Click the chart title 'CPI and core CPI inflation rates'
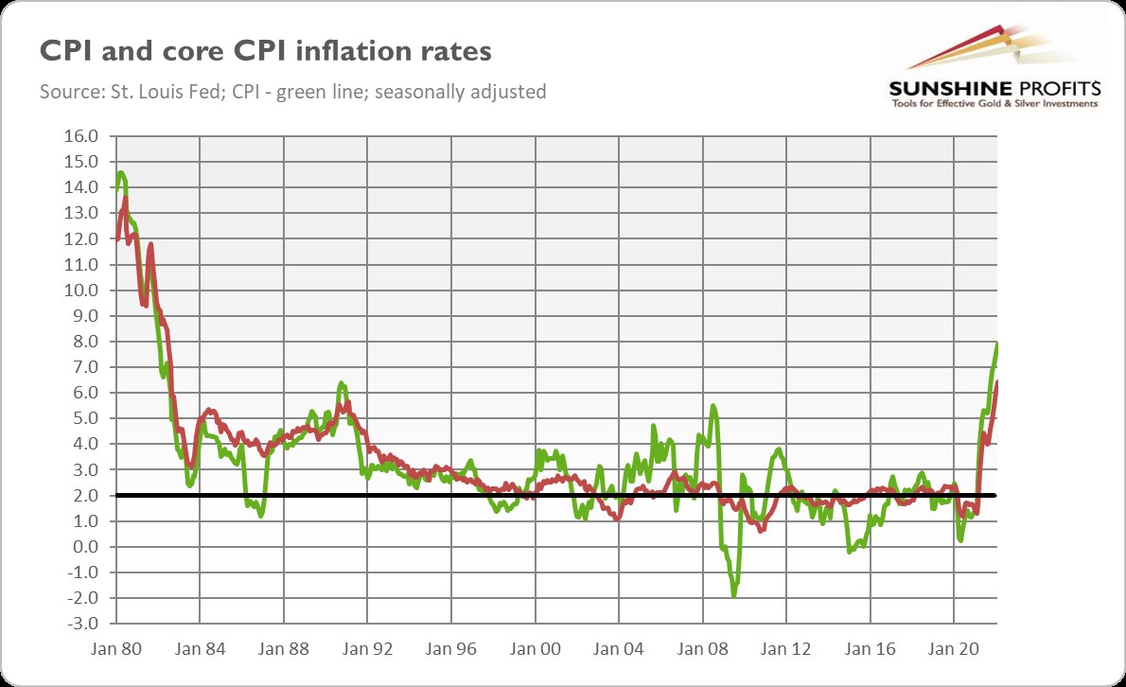[265, 51]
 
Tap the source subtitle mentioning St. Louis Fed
[293, 93]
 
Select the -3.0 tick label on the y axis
[79, 624]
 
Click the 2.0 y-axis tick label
[81, 496]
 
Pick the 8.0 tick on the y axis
[81, 342]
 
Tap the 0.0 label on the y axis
[81, 547]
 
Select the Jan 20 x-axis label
[954, 650]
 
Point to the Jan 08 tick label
[702, 650]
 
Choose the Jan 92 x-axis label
[367, 650]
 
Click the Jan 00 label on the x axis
[535, 650]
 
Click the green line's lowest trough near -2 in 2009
[733, 595]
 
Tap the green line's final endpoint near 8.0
[997, 343]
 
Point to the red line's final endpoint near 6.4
[997, 382]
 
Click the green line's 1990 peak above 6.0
[341, 383]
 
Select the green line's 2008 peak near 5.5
[713, 406]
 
